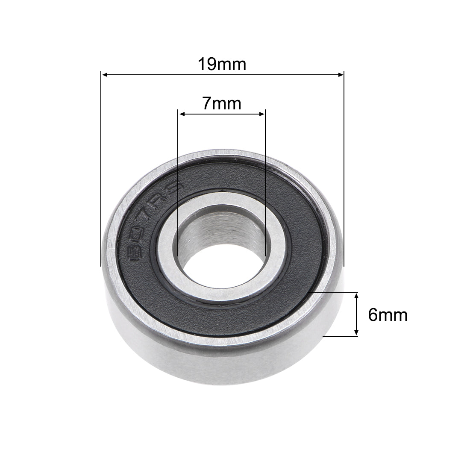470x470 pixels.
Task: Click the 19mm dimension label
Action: tap(222, 65)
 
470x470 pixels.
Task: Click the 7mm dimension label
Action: tap(221, 104)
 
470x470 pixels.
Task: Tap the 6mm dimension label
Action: tap(387, 315)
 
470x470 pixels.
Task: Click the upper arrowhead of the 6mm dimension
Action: tap(356, 295)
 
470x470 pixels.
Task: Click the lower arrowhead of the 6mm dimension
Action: tap(356, 334)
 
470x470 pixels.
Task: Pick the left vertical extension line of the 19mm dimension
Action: tap(100, 171)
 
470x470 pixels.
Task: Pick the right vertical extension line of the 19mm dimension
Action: tap(344, 171)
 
